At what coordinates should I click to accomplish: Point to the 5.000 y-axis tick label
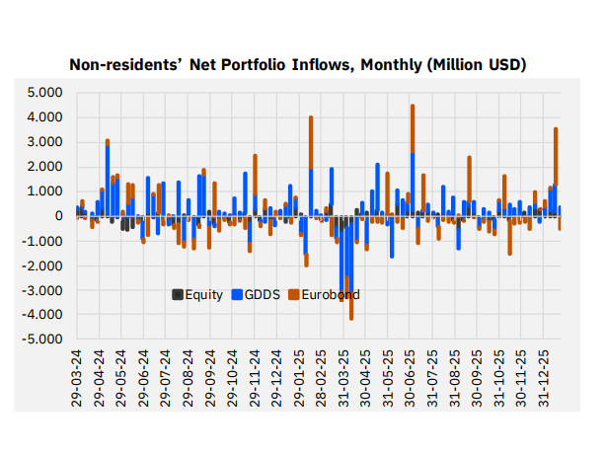(x=45, y=93)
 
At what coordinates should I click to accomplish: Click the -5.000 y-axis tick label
(x=43, y=340)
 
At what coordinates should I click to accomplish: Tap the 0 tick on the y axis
(x=59, y=216)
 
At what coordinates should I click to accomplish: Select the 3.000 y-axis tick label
(x=45, y=142)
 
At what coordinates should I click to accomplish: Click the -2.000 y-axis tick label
(x=43, y=265)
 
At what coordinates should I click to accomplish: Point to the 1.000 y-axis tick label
(x=45, y=191)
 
